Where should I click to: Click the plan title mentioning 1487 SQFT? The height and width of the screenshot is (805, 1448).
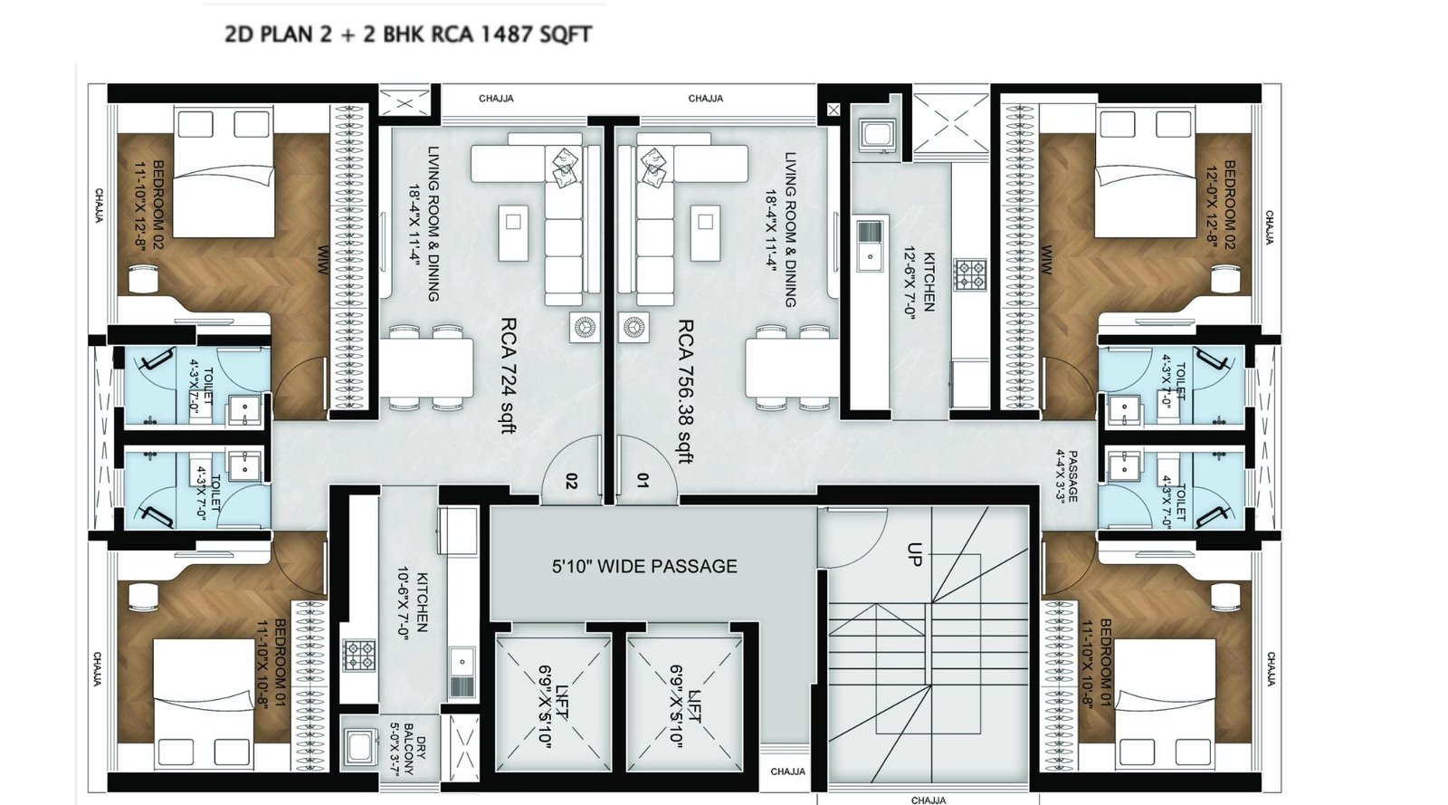tap(407, 35)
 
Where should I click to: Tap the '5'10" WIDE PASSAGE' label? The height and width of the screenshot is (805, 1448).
tap(644, 567)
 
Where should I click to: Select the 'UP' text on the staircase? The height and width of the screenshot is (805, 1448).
tap(914, 554)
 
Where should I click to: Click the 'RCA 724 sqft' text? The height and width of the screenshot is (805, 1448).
tap(510, 374)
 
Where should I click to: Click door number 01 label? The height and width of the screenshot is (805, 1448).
tap(643, 481)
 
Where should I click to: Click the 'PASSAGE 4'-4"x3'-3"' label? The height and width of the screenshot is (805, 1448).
tap(1065, 476)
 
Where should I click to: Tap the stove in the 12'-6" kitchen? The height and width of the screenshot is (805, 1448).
tap(971, 274)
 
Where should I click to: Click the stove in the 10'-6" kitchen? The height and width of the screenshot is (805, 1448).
tap(359, 654)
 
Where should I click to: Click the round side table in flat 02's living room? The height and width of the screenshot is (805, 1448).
tap(584, 327)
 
